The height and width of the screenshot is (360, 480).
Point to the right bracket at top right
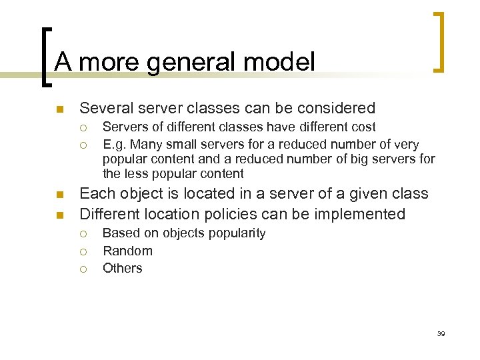[439, 41]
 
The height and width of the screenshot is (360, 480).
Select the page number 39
[441, 333]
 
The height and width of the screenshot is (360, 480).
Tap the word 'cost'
[362, 127]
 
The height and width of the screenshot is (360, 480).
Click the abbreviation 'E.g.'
[115, 144]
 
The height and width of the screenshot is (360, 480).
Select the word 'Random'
[127, 251]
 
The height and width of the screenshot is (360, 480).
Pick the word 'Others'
[122, 268]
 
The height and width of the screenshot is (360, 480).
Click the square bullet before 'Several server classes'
[59, 109]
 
